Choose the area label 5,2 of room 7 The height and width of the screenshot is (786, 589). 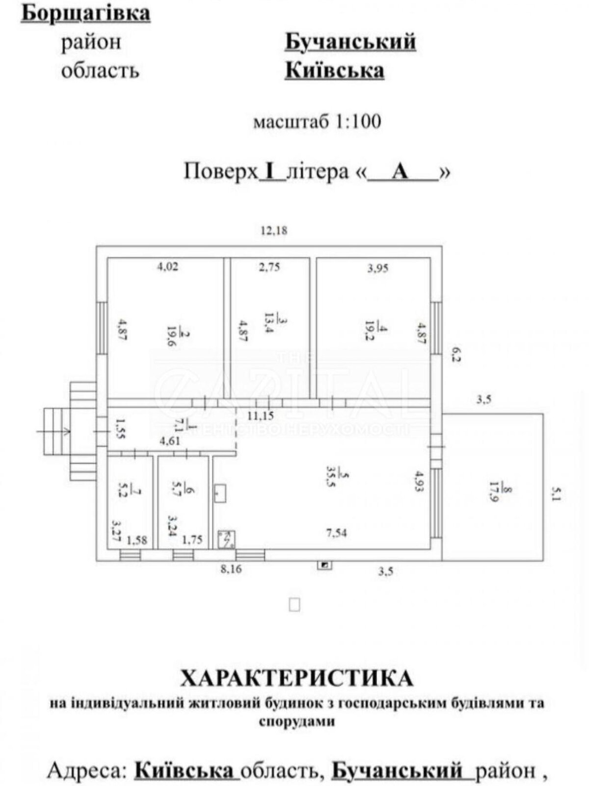129,486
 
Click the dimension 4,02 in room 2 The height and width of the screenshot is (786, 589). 167,267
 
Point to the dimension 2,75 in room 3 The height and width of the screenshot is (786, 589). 269,267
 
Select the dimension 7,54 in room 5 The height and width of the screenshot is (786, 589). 336,532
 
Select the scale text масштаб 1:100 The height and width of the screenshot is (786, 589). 317,122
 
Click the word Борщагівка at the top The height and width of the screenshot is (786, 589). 86,13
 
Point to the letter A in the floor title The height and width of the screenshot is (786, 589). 401,172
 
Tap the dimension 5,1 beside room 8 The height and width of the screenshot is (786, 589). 557,494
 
